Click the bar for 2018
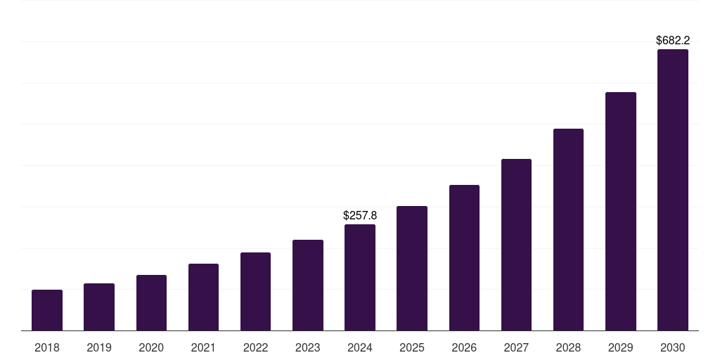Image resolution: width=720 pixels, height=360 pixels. click(x=47, y=310)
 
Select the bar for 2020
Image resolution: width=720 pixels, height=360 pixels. click(x=151, y=302)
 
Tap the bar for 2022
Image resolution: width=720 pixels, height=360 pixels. click(x=255, y=291)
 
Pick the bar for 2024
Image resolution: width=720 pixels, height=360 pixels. click(x=360, y=277)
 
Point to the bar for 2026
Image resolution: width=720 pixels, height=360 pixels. click(x=464, y=257)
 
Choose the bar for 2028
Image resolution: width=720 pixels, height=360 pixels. click(x=568, y=229)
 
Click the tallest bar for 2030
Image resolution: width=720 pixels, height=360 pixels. click(x=672, y=190)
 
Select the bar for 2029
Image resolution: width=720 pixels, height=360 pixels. click(x=620, y=211)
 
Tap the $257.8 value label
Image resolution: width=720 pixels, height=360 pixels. click(x=360, y=215)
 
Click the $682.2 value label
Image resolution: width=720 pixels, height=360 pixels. click(x=672, y=41)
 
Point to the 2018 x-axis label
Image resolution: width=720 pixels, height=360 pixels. click(x=47, y=347)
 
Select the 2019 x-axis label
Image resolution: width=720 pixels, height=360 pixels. click(x=99, y=347)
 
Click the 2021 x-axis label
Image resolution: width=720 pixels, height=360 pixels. click(x=203, y=347)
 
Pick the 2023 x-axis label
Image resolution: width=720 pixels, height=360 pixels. click(x=308, y=347)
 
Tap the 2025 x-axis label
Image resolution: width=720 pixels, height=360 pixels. click(x=412, y=347)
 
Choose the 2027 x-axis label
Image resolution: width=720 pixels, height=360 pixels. click(x=516, y=347)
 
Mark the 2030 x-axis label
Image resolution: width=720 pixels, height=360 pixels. click(x=672, y=347)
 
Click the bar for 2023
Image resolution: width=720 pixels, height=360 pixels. click(x=308, y=285)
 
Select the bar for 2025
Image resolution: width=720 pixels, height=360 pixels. click(x=412, y=268)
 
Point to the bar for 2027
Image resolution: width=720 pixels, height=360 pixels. click(x=516, y=245)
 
